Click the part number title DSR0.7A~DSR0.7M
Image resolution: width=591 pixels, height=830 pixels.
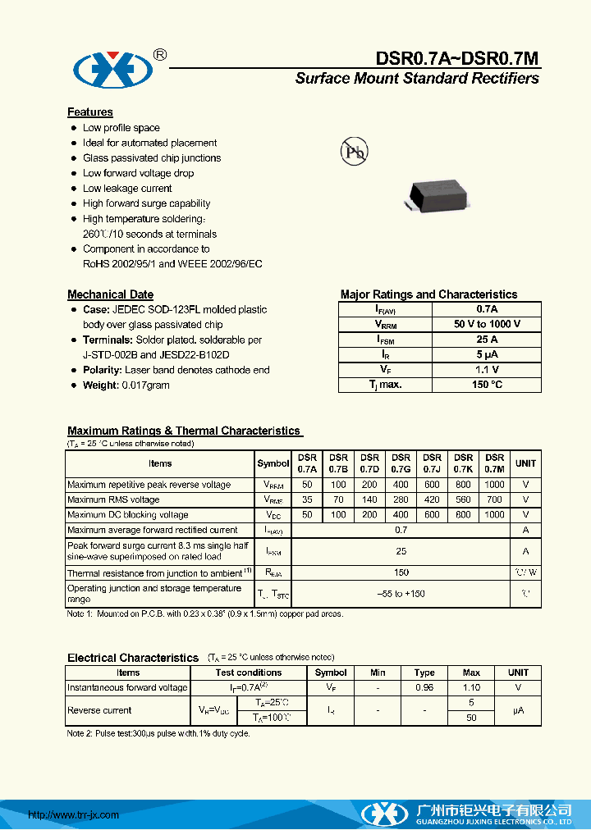tap(456, 58)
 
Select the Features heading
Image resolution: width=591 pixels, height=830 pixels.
tap(89, 112)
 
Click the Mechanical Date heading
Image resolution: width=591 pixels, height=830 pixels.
tap(110, 294)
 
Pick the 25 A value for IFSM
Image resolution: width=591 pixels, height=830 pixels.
tap(487, 340)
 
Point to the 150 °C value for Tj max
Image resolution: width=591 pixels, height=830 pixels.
tap(487, 385)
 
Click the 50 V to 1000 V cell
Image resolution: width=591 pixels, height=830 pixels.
tap(487, 325)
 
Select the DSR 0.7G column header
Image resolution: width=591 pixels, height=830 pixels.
tap(401, 463)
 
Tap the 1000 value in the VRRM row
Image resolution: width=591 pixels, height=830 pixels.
tap(494, 485)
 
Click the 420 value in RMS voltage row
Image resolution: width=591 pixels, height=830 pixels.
tap(432, 499)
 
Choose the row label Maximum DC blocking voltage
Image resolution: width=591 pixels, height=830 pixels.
tap(127, 515)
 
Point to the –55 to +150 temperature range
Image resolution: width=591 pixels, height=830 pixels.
tap(401, 593)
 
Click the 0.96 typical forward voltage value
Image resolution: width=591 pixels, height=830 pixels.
tap(424, 688)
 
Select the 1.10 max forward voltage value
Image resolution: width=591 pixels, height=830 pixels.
tap(471, 688)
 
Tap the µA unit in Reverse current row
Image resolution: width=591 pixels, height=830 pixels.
tap(518, 710)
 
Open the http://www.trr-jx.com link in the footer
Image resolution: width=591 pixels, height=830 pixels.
tap(74, 815)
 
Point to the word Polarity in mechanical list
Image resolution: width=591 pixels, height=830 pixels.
tap(102, 370)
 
